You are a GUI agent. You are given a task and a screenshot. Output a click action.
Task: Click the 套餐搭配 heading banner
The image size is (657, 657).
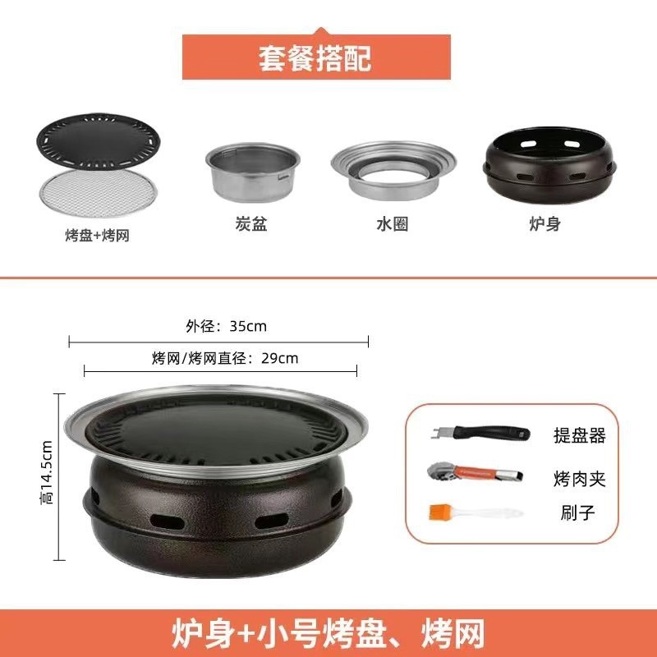[x=316, y=57]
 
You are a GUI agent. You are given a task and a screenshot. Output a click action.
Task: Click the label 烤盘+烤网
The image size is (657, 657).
[x=97, y=235]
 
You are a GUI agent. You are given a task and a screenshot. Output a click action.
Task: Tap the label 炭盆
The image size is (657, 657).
[x=251, y=223]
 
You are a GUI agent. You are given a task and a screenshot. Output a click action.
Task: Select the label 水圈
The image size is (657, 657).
[x=392, y=223]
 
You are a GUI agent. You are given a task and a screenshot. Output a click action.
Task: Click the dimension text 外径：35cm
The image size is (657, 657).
[x=226, y=326]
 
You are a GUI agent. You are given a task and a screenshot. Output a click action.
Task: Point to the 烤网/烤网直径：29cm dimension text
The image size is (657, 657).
[x=224, y=358]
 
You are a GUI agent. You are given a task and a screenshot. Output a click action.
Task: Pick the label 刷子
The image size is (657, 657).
[x=574, y=514]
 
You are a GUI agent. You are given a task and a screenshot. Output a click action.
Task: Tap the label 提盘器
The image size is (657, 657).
[x=579, y=436]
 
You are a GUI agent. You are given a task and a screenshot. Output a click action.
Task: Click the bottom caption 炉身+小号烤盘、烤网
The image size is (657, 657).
[x=328, y=633]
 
